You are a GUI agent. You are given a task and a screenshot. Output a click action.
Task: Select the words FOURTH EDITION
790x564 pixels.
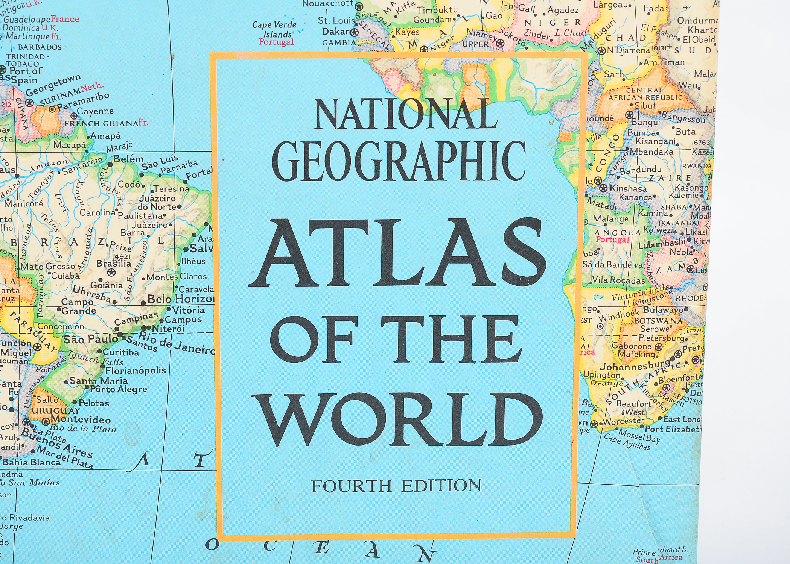coord(396,486)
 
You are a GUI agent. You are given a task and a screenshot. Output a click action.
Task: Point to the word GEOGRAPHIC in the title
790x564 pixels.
coord(399,161)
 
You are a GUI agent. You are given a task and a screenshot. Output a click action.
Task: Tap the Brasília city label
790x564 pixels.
coord(113,263)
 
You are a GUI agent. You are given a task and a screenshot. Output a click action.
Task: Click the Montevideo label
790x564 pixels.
coord(81,419)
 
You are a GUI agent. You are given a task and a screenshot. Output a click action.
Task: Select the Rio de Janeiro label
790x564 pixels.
coord(177,343)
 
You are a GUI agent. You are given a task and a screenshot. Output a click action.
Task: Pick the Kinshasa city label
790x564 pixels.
coord(628,188)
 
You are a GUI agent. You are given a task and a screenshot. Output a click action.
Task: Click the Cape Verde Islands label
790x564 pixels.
coord(274,29)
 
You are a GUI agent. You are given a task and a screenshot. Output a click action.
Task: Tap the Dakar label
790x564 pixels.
coord(336,32)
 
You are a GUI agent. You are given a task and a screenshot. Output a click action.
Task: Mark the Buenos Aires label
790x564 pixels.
coord(56,444)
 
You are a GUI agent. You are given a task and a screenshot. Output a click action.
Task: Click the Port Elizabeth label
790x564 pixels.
coord(673,429)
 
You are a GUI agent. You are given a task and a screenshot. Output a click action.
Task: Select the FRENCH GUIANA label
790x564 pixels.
coord(101,124)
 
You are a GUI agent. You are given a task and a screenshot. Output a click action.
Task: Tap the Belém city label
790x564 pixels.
coord(128,159)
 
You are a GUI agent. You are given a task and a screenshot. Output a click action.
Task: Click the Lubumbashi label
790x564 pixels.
coord(661,244)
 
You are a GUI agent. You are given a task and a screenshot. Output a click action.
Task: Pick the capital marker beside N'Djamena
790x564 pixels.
coord(601,50)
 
